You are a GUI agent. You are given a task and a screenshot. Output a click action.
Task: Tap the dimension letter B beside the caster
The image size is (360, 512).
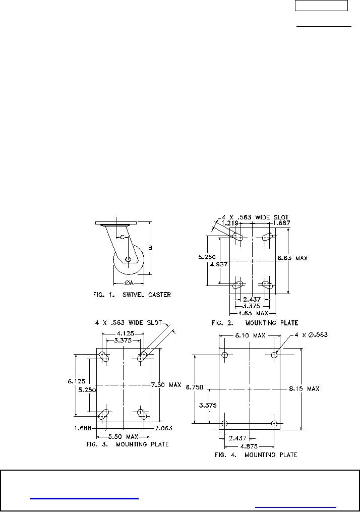click(x=150, y=248)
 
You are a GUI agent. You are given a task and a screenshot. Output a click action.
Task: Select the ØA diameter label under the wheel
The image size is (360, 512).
click(x=128, y=282)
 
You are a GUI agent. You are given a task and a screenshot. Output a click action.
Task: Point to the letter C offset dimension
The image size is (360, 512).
click(x=122, y=237)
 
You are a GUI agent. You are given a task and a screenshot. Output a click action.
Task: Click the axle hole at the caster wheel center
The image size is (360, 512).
click(x=128, y=259)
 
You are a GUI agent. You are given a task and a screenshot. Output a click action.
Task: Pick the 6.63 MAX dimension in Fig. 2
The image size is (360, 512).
click(x=292, y=258)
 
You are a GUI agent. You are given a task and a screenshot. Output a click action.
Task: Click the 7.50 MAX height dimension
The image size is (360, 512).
click(x=166, y=385)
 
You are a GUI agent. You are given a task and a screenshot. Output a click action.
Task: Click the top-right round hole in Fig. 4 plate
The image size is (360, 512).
click(x=274, y=355)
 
